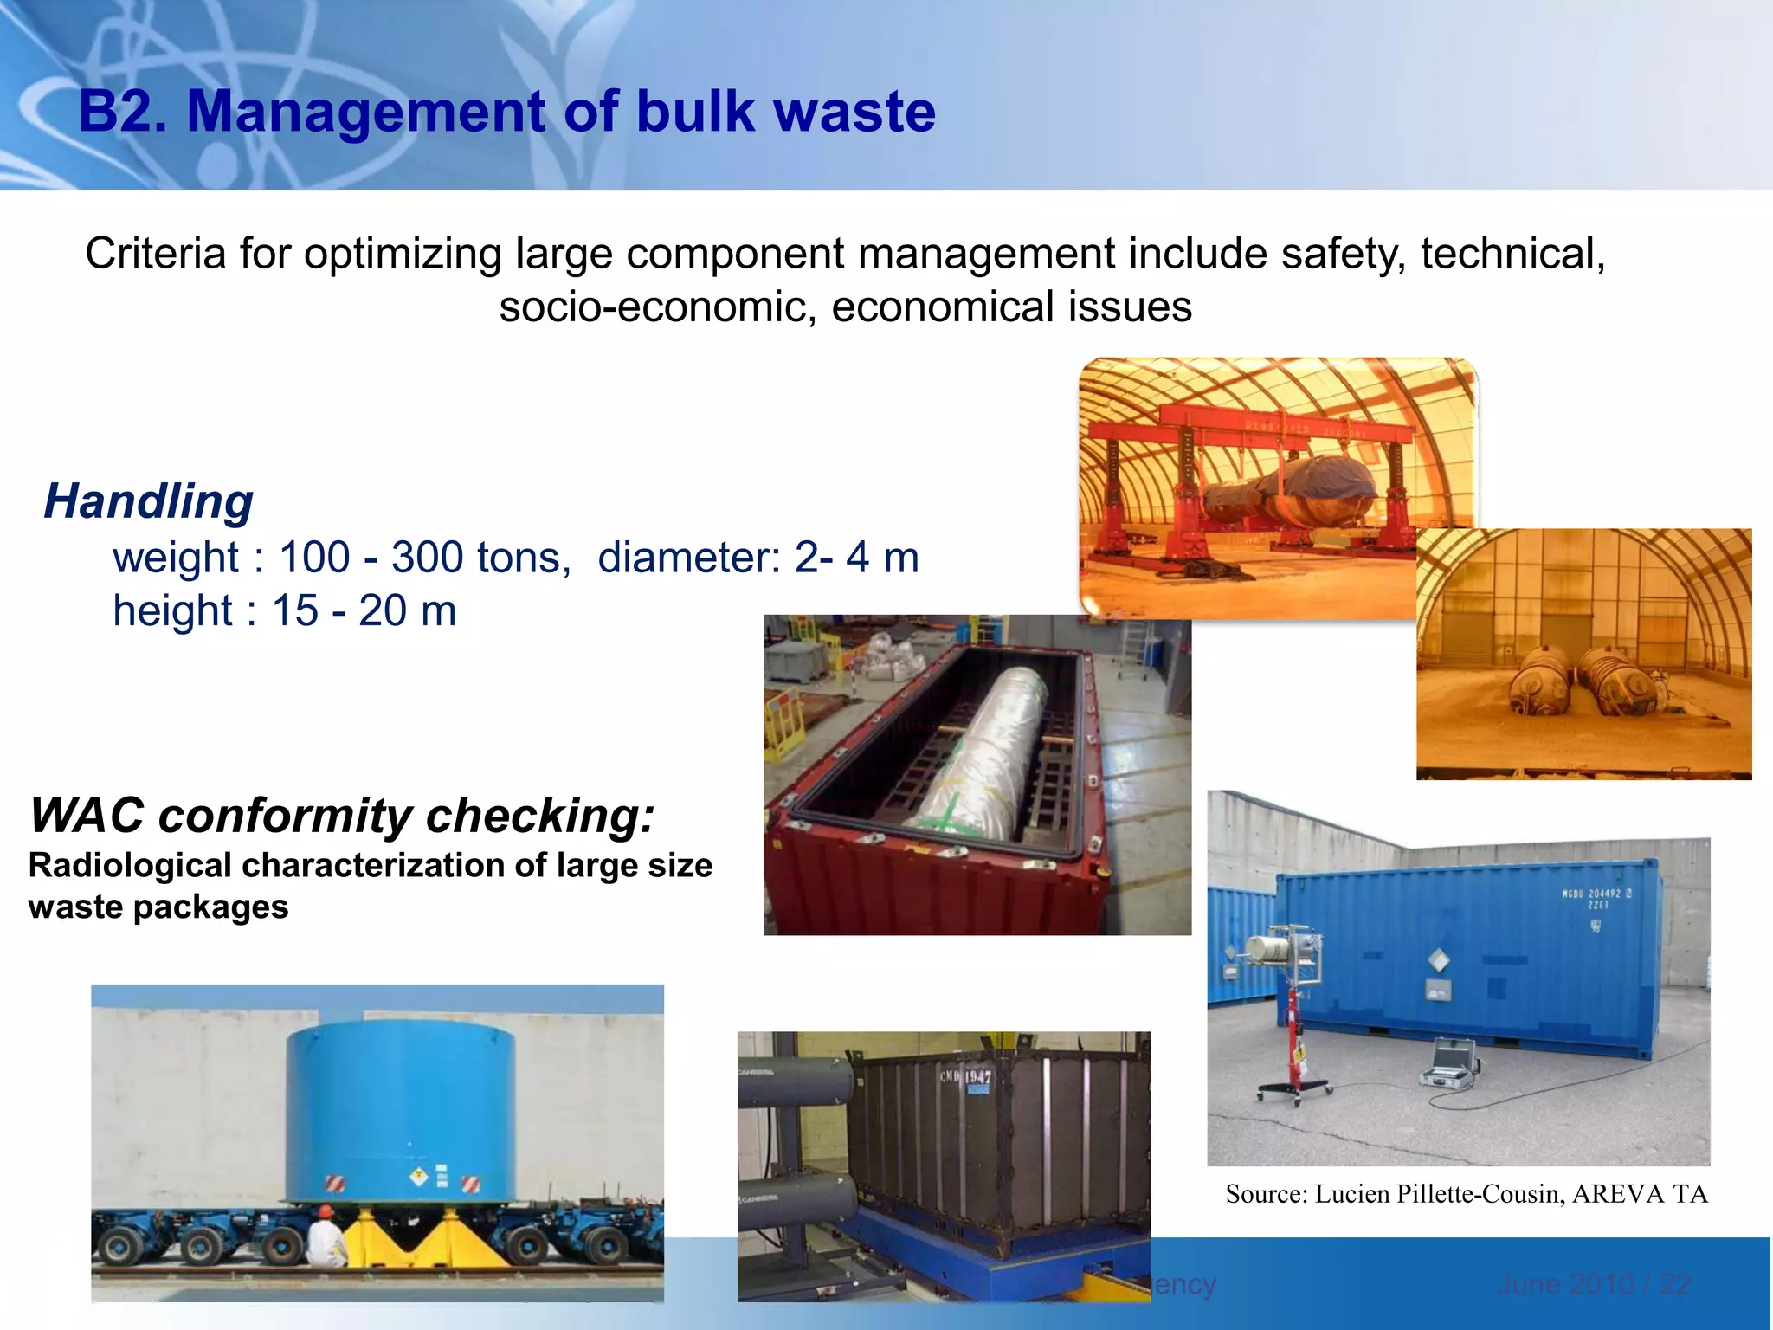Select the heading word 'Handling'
[148, 501]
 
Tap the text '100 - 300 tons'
[423, 558]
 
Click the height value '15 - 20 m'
[364, 611]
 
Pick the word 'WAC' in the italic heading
[87, 816]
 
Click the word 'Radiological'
[130, 866]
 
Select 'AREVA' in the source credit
[1617, 1195]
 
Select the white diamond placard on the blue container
[1438, 959]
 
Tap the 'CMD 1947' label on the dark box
[965, 1076]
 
